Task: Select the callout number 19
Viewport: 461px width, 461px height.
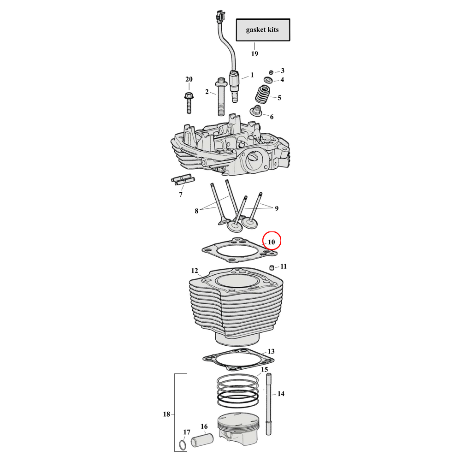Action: click(254, 54)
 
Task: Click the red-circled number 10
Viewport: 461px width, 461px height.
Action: click(272, 241)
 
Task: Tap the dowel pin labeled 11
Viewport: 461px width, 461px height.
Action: click(272, 268)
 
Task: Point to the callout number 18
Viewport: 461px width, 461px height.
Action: click(166, 414)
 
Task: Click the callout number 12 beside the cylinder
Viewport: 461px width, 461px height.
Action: click(194, 270)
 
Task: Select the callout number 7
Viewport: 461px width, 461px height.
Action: click(180, 195)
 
